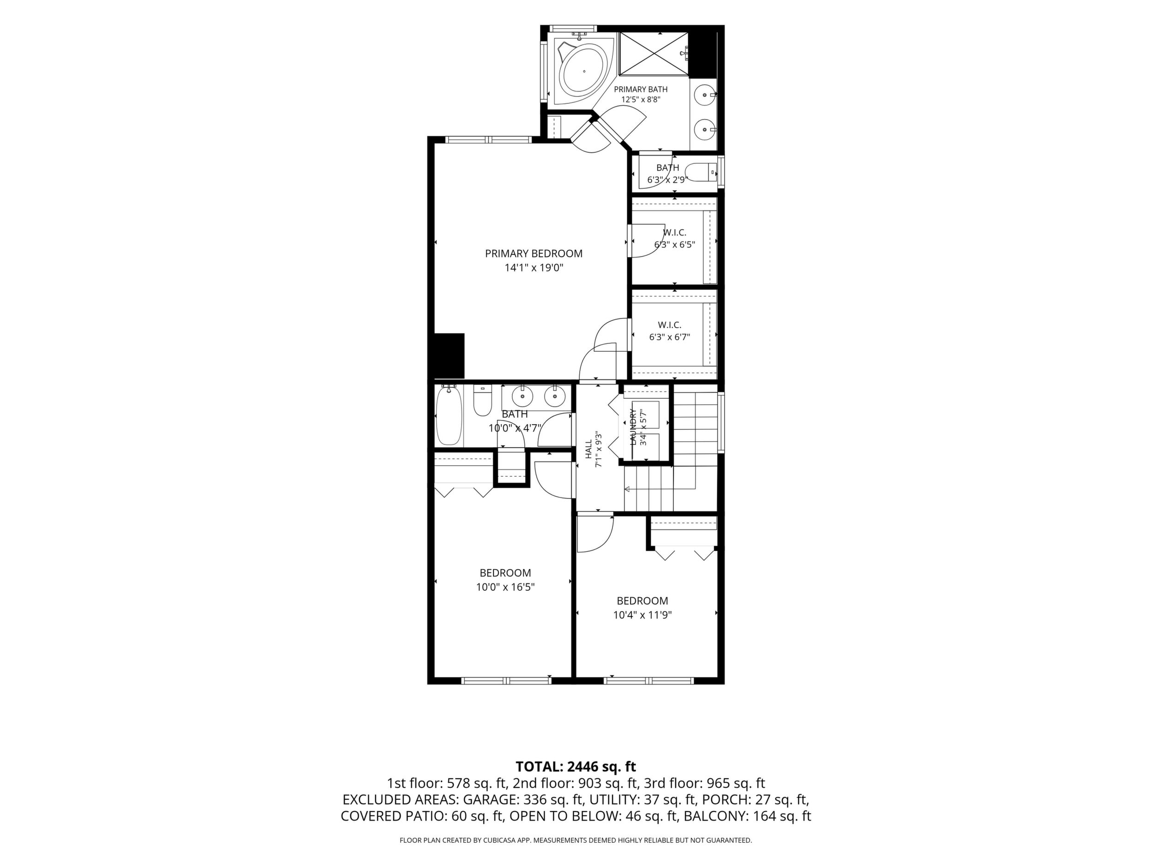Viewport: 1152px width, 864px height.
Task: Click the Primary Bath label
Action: click(x=641, y=89)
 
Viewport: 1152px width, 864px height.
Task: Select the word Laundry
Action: click(x=633, y=427)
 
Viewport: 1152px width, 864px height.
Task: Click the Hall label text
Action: click(x=588, y=449)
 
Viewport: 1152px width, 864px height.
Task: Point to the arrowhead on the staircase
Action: click(x=627, y=489)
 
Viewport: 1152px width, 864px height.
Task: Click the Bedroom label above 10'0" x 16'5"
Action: click(x=505, y=573)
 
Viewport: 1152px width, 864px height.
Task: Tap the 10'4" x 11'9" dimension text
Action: click(x=642, y=615)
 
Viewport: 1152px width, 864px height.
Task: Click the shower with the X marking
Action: click(x=654, y=53)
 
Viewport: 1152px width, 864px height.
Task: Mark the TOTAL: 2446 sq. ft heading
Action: click(x=576, y=767)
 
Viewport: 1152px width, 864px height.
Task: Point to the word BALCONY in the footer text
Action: click(x=716, y=816)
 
